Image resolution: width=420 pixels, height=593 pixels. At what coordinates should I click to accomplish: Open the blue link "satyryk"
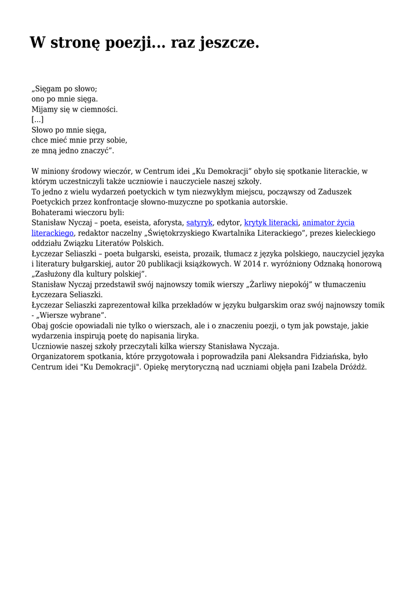point(199,222)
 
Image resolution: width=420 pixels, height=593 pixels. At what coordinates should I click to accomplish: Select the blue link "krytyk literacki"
point(271,222)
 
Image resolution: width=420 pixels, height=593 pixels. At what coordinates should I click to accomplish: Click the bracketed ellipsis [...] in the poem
point(37,119)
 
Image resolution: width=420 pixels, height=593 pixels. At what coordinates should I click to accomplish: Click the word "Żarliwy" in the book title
point(268,284)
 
